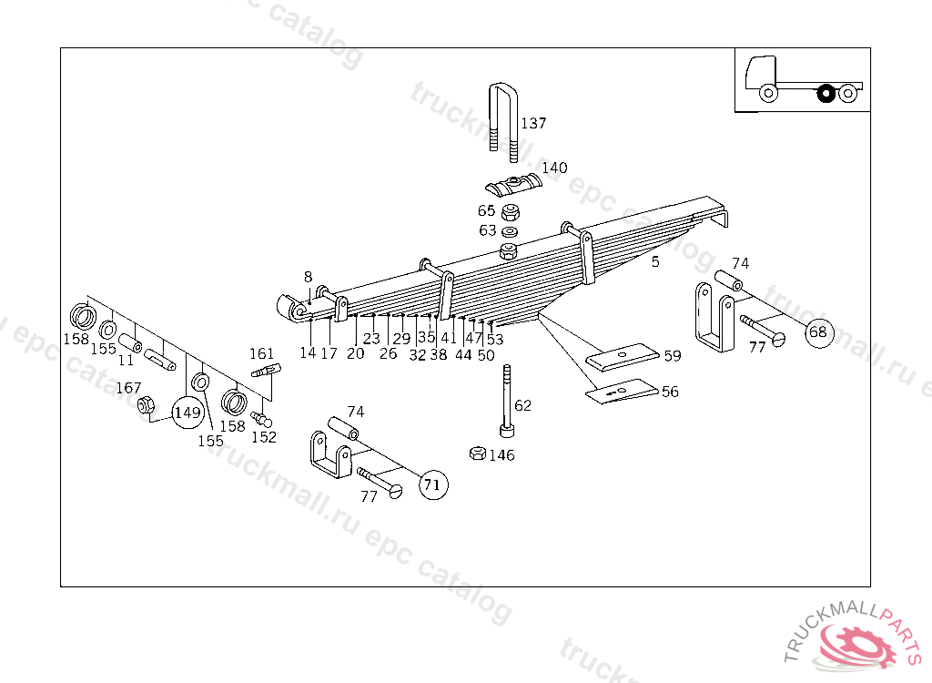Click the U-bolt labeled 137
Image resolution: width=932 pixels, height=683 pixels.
(501, 118)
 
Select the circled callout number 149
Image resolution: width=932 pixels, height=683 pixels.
(187, 413)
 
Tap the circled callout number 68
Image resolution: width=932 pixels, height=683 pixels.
(818, 331)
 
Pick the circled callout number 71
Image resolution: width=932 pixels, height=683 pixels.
(432, 485)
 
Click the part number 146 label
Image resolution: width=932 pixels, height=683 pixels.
(501, 455)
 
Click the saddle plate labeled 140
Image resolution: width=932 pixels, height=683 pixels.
(514, 186)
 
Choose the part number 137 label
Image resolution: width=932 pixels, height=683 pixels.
(534, 124)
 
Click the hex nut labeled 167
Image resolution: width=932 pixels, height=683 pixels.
(144, 406)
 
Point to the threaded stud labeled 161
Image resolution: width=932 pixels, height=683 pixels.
(266, 371)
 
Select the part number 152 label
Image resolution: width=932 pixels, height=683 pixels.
(264, 437)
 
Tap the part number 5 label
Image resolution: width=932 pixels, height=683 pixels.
(654, 262)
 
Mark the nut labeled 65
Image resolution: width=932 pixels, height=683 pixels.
(512, 212)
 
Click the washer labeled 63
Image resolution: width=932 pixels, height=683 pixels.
(511, 231)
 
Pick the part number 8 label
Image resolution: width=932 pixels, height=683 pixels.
(308, 277)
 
